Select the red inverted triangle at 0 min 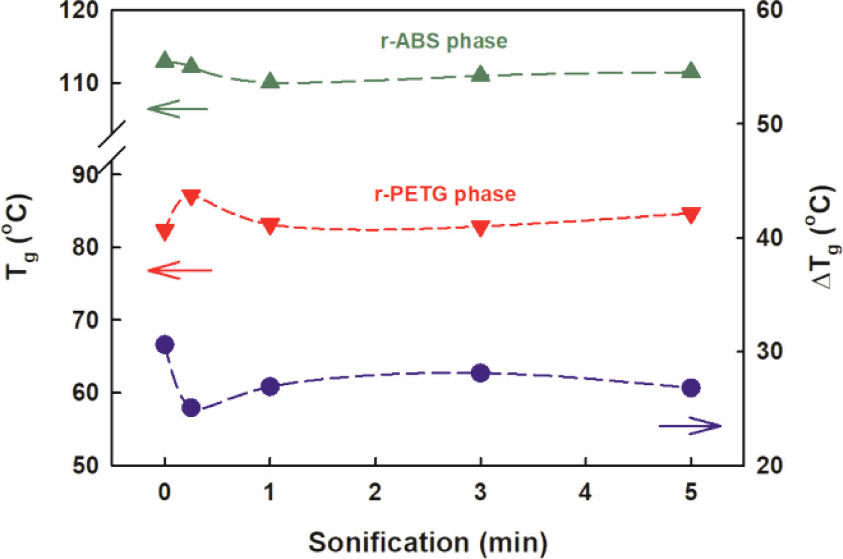[165, 231]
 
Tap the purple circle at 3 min [481, 373]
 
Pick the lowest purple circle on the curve [191, 408]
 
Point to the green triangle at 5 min [691, 71]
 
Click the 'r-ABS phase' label [444, 41]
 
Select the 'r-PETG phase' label [445, 194]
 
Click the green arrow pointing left [177, 109]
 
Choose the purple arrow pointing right [690, 425]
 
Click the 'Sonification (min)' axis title [428, 543]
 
